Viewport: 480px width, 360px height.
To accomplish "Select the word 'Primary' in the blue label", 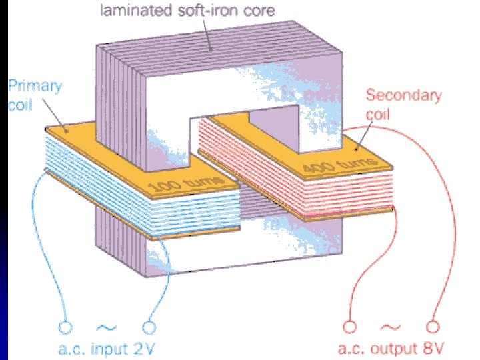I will [x=35, y=87].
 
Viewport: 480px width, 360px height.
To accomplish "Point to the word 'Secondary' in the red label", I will [x=403, y=95].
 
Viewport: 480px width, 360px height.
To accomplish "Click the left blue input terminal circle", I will [x=65, y=327].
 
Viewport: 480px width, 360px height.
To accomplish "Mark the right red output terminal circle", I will [x=433, y=327].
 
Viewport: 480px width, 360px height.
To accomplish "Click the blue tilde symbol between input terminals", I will [x=107, y=327].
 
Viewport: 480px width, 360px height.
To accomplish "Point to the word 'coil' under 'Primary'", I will [x=20, y=107].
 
